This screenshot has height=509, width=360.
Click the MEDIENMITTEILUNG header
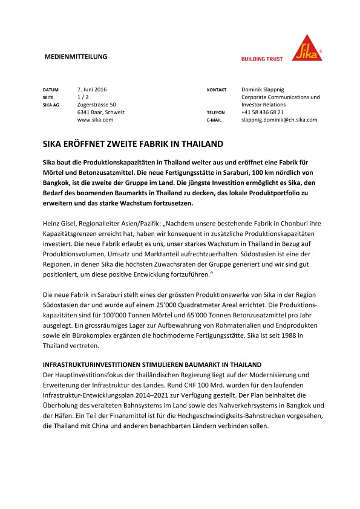pyautogui.click(x=76, y=57)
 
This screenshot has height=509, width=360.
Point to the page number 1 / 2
pyautogui.click(x=83, y=97)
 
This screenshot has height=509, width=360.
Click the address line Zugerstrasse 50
pyautogui.click(x=97, y=105)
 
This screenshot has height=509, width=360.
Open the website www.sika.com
pyautogui.click(x=96, y=120)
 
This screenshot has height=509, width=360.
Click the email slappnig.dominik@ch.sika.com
pyautogui.click(x=279, y=120)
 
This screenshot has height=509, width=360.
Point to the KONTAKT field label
pyautogui.click(x=217, y=89)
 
